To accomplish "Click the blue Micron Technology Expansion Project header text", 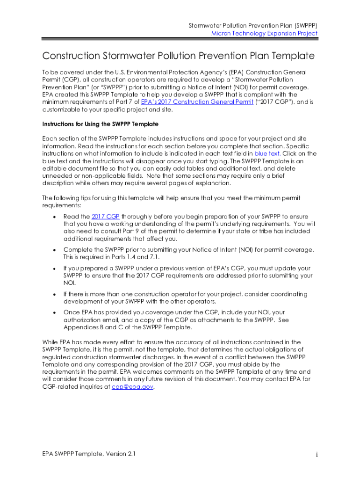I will coord(264,33).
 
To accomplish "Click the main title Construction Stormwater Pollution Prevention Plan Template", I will coord(178,56).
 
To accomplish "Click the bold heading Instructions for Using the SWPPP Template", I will coord(100,124).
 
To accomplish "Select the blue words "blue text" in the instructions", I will coord(267,153).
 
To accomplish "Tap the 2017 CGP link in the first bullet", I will coord(106,216).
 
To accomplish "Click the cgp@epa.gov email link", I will coord(132,387).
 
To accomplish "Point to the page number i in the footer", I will coord(317,455).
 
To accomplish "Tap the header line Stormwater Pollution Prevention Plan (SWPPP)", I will coord(252,25).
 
